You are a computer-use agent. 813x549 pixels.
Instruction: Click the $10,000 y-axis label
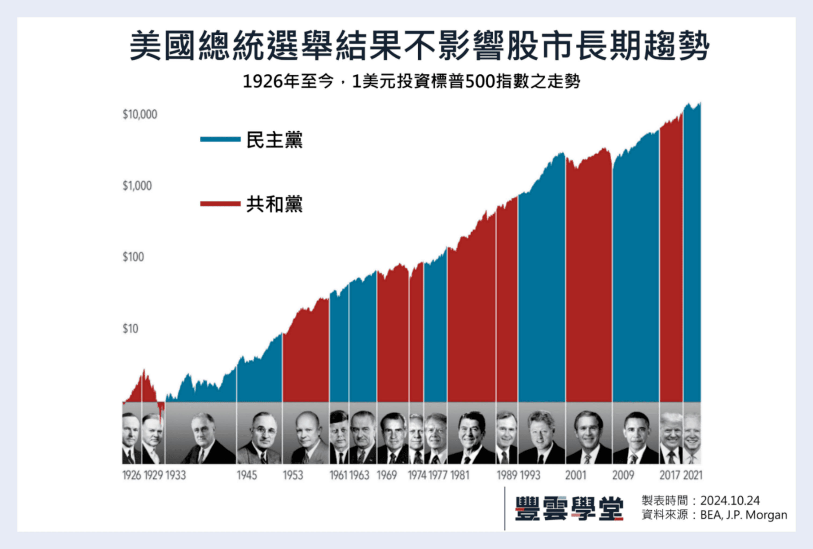140,114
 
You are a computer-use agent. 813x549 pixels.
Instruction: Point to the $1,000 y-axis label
137,186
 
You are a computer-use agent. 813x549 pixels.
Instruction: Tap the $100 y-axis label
133,257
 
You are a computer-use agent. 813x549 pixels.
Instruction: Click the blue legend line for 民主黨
220,139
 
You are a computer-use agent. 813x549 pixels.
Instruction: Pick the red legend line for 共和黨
220,203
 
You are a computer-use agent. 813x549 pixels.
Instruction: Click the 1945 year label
247,475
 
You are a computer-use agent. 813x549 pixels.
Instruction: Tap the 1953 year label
293,475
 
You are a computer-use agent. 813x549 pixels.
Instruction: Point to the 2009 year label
623,475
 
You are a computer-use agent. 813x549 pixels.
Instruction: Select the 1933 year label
176,475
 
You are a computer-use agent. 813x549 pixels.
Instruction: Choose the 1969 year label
387,475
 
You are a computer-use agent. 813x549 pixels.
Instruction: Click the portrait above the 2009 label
636,437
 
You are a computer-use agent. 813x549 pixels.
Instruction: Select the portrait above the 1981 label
472,437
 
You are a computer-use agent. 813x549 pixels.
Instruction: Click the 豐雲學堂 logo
569,509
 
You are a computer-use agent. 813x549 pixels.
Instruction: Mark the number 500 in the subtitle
480,81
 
